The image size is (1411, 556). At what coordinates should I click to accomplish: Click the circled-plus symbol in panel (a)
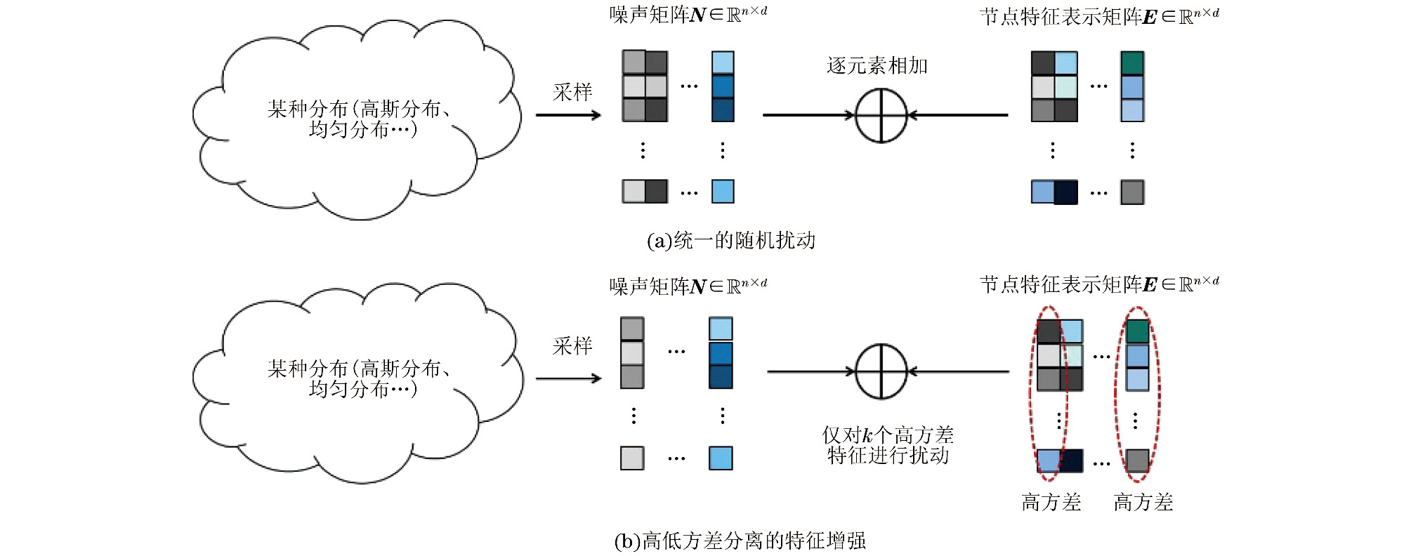(881, 115)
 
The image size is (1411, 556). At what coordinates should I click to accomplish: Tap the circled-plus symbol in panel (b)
(881, 371)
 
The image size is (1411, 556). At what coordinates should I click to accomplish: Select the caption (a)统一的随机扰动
(730, 241)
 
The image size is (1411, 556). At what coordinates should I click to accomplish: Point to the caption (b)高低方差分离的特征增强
(740, 541)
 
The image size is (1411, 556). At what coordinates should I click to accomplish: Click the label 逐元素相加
(877, 66)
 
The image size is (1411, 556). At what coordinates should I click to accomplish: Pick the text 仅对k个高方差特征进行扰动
(888, 446)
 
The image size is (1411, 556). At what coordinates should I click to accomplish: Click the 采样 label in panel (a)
(572, 92)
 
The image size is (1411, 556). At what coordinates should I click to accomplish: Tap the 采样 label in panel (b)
(572, 346)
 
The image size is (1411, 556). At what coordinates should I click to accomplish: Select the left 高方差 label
(1051, 503)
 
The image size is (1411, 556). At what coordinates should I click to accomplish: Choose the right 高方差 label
(1143, 503)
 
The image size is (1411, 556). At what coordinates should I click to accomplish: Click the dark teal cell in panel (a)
(1132, 63)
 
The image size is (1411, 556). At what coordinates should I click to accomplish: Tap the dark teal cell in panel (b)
(1137, 331)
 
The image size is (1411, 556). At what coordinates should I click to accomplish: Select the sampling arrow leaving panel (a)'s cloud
(567, 115)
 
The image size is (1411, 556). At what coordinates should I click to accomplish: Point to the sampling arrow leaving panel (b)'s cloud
(567, 379)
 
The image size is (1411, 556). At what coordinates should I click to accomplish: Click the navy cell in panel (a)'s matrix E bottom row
(1065, 192)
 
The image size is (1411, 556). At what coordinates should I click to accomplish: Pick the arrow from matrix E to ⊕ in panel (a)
(958, 115)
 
